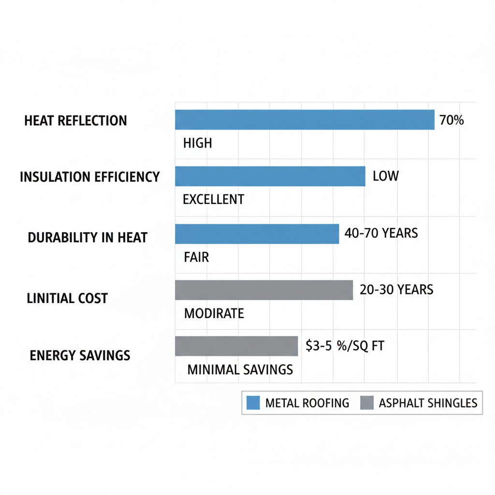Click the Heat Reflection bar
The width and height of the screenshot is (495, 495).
point(305,120)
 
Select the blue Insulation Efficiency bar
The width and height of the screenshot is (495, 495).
point(270,176)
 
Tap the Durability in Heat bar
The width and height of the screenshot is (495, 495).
point(257,234)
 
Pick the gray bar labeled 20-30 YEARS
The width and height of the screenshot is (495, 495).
point(263,290)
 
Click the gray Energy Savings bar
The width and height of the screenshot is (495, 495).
point(236,346)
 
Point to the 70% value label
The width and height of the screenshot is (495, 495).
point(451,120)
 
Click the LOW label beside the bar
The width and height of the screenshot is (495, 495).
point(386,176)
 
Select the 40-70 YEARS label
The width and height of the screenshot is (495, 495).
point(381,233)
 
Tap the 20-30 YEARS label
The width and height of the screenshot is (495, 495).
point(396,290)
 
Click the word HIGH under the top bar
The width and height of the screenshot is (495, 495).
point(198,144)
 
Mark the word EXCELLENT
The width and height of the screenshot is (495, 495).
point(213,199)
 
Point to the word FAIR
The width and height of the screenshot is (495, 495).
point(196,257)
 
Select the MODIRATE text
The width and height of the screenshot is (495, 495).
point(214,313)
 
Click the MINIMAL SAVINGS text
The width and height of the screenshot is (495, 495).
point(240,370)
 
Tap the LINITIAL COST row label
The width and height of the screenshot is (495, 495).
point(67,298)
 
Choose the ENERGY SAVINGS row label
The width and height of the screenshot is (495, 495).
point(80,356)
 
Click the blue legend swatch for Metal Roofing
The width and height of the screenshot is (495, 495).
point(253,403)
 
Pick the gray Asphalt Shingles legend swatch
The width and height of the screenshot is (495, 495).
point(367,403)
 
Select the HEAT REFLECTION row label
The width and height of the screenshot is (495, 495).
point(75,121)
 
